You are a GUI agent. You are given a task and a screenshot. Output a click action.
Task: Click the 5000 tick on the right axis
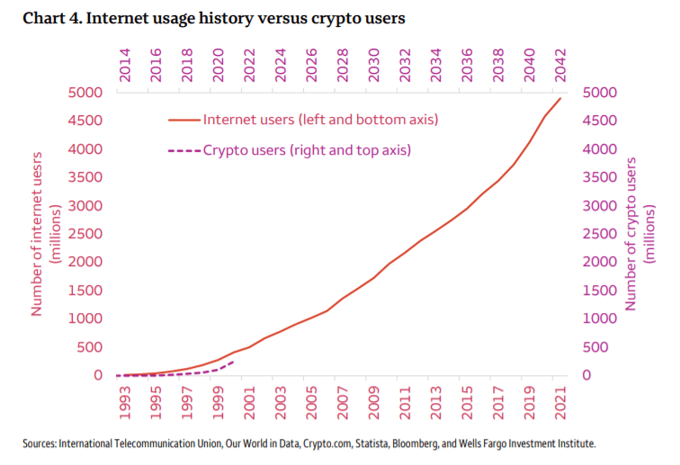(x=601, y=93)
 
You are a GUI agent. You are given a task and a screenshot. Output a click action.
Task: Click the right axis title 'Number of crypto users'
(x=640, y=234)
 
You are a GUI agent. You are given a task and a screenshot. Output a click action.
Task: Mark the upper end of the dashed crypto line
(x=234, y=361)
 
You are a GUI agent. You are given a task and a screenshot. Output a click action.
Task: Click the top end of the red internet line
(x=560, y=98)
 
